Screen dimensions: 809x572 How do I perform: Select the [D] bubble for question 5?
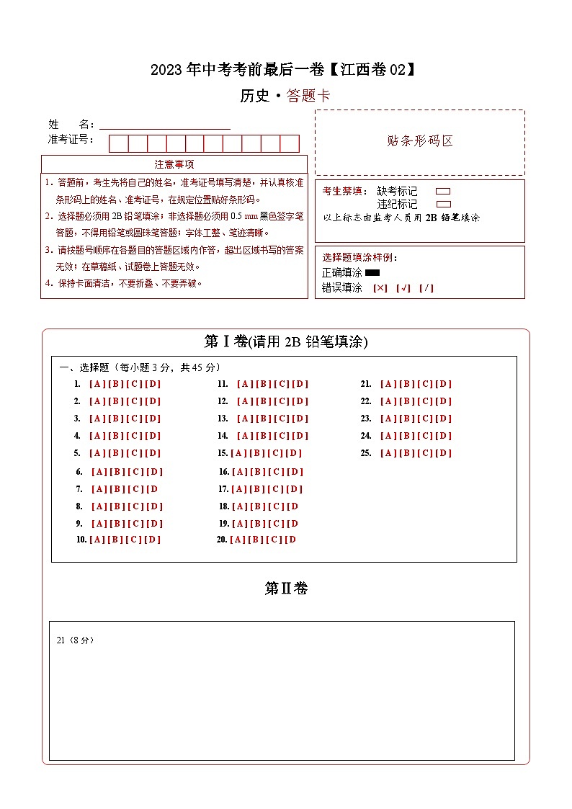[152, 453]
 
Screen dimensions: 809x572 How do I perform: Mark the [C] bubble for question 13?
[281, 419]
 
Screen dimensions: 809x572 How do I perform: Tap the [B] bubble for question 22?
[406, 401]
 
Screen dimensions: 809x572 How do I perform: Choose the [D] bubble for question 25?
[443, 453]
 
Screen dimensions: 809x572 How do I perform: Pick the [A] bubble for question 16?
[240, 472]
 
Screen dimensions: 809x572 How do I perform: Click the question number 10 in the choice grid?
[81, 540]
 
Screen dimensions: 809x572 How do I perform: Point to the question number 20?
[222, 540]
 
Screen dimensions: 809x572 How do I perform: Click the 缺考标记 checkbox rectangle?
[443, 191]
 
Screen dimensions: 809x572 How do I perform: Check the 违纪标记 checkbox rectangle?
[443, 204]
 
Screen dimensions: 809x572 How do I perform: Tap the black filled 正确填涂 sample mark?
[372, 273]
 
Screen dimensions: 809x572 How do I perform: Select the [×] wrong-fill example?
[380, 288]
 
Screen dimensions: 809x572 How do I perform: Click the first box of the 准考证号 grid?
[118, 143]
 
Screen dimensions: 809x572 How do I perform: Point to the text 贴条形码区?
[420, 141]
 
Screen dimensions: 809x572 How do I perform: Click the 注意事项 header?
[174, 164]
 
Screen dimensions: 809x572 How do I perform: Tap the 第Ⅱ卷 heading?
[286, 589]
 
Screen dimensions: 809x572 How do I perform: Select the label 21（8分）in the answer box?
[75, 640]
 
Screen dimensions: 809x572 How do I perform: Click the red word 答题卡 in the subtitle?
[308, 96]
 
